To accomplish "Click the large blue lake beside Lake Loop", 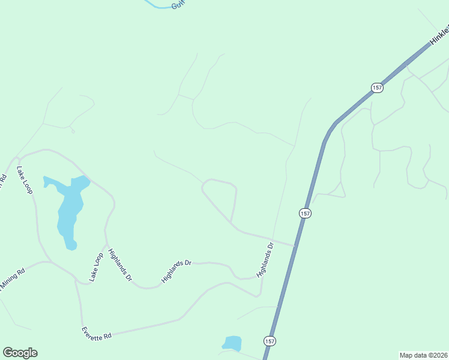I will (67, 210).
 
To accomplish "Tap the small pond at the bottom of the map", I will (232, 343).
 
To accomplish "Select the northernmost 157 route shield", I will (376, 88).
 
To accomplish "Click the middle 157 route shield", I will (305, 213).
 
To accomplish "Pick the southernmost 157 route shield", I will (270, 341).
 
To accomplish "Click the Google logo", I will (20, 353).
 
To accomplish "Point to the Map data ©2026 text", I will (423, 355).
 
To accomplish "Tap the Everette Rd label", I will (97, 332).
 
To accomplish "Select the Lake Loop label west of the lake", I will (25, 179).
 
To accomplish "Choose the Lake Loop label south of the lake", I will (96, 267).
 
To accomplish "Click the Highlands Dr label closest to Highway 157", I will (265, 259).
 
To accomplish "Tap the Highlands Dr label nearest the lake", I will (121, 265).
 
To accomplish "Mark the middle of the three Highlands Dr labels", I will (176, 271).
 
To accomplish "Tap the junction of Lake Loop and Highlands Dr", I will (106, 245).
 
